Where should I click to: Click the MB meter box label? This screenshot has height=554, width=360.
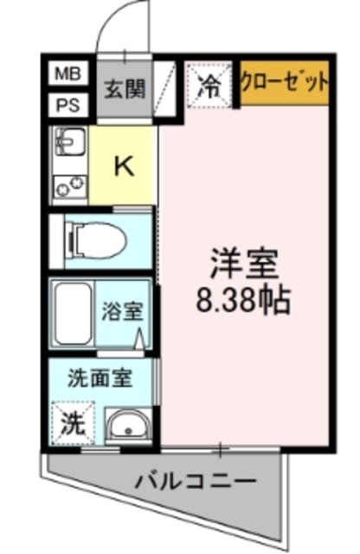pyautogui.click(x=67, y=74)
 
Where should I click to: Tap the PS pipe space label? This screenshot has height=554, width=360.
pyautogui.click(x=67, y=107)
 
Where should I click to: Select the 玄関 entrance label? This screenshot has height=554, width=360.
pyautogui.click(x=125, y=89)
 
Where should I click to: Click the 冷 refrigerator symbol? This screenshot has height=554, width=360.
pyautogui.click(x=209, y=84)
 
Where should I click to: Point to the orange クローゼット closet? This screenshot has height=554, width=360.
pyautogui.click(x=284, y=84)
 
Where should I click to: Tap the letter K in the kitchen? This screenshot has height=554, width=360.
pyautogui.click(x=125, y=165)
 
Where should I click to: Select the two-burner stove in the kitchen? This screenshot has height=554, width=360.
pyautogui.click(x=69, y=185)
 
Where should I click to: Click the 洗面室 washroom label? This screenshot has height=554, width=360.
pyautogui.click(x=101, y=378)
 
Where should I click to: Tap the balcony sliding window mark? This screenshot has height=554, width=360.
pyautogui.click(x=222, y=448)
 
